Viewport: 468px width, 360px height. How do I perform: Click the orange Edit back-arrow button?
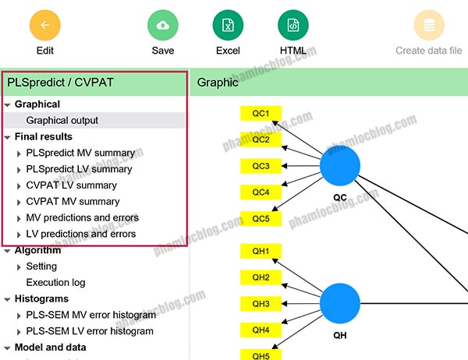point(45,25)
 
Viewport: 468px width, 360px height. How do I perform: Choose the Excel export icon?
point(228,25)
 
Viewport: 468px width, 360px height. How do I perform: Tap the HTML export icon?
point(293,25)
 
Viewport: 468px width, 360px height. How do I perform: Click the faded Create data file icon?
point(429,25)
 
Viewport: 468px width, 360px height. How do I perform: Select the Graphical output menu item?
point(62,121)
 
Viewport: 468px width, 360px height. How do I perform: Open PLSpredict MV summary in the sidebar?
point(80,153)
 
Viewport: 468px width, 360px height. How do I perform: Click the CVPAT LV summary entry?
point(71,185)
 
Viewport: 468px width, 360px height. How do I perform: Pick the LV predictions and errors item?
point(81,234)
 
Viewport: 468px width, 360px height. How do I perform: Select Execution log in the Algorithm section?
point(56,282)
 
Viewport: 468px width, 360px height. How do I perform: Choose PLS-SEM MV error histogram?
point(91,315)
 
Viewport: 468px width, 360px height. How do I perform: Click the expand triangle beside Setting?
point(19,267)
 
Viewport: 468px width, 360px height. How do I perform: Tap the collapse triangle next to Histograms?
point(8,299)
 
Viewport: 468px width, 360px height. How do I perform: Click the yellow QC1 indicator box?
point(261,113)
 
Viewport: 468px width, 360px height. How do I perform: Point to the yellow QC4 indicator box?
point(261,192)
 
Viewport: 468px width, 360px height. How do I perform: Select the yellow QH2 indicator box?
point(261,277)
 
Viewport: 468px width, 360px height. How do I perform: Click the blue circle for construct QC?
point(340,165)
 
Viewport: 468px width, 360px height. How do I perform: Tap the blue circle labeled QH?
point(340,303)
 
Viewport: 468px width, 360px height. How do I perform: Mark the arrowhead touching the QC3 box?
point(284,166)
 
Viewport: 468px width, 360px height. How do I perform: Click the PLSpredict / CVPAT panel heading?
point(60,83)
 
